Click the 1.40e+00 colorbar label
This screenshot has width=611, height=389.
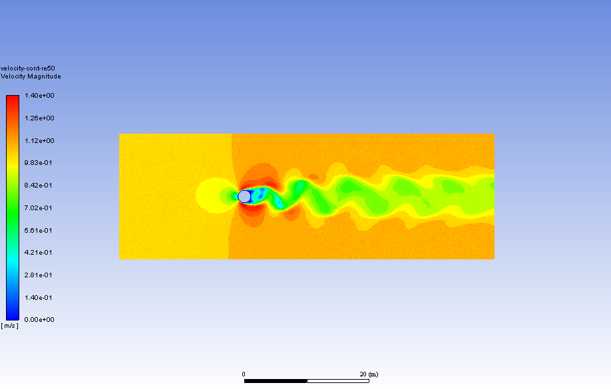[x=40, y=96]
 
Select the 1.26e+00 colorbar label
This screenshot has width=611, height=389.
[x=40, y=118]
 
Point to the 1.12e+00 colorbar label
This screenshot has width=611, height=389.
[x=40, y=140]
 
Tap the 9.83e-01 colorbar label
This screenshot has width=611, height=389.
[x=40, y=163]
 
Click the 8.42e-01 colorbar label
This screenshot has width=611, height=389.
[x=40, y=186]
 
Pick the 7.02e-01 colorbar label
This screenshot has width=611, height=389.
[x=40, y=208]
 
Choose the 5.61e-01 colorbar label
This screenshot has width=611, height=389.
[x=40, y=230]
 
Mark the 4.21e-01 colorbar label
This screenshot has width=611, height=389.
[x=40, y=253]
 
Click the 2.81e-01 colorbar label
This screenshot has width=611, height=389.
[x=40, y=275]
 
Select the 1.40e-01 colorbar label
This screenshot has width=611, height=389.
[x=40, y=297]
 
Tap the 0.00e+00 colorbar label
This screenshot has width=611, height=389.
[x=40, y=320]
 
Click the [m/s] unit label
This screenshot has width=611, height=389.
[x=10, y=326]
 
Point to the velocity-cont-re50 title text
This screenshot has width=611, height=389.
[x=27, y=68]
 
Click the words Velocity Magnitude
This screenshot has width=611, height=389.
[x=31, y=76]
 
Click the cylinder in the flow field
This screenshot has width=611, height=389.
[x=244, y=196]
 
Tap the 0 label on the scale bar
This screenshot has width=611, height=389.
[x=244, y=374]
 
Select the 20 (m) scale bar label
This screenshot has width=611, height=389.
[x=368, y=374]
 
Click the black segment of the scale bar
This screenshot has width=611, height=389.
[x=276, y=381]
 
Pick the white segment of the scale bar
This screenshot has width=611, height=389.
[x=337, y=381]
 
